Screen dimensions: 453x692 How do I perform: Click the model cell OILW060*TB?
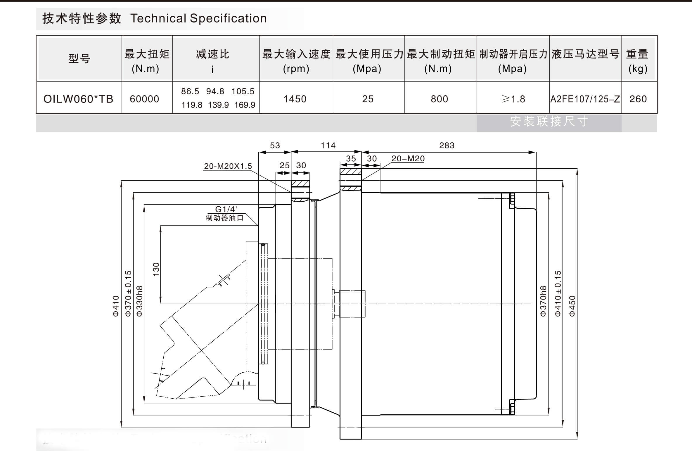(x=78, y=99)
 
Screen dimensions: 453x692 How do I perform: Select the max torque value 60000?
(x=144, y=99)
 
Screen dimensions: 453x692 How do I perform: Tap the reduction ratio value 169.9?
(x=245, y=105)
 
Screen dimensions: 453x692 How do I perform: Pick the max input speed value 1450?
(x=295, y=99)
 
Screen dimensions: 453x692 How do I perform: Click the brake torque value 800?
(x=439, y=99)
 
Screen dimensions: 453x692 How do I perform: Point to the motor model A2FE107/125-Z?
(x=585, y=99)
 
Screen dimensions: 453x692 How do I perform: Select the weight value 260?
(x=638, y=99)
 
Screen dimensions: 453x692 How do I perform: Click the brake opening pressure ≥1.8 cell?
(x=513, y=99)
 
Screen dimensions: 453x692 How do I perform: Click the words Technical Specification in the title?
(x=198, y=18)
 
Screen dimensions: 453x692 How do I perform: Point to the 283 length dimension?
(x=447, y=145)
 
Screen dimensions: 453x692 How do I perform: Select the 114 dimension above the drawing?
(x=328, y=145)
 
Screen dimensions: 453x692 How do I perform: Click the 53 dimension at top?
(x=275, y=145)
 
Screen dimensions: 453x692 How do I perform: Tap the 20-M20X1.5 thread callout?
(x=228, y=166)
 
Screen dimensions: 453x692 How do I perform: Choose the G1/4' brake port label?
(x=226, y=209)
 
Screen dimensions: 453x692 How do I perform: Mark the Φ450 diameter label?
(x=572, y=306)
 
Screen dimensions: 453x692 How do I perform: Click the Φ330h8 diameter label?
(x=140, y=301)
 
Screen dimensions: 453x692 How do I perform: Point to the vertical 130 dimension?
(x=156, y=269)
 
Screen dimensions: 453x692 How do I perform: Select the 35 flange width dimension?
(x=351, y=159)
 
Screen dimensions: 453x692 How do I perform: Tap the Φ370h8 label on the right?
(x=543, y=301)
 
